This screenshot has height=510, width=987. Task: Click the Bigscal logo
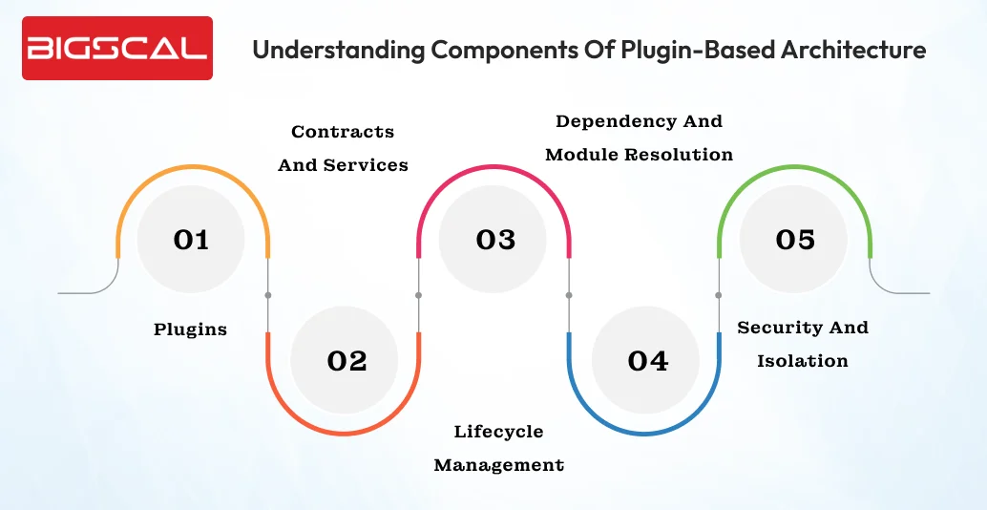(117, 48)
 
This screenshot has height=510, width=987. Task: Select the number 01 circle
(191, 239)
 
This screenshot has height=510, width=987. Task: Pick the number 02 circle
(346, 360)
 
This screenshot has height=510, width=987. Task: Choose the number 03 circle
(495, 239)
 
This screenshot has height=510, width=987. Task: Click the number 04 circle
(647, 360)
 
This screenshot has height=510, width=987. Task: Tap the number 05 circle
(795, 239)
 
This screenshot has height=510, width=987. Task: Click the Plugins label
(191, 329)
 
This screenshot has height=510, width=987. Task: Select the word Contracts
(343, 132)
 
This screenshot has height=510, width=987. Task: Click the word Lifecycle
(498, 432)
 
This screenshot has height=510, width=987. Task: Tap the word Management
(498, 465)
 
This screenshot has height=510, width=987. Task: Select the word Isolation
(803, 361)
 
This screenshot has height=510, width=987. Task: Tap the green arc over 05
(795, 167)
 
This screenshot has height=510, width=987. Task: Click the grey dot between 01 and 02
(268, 295)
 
